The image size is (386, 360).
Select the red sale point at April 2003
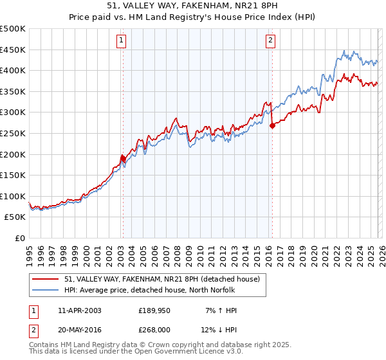(x=123, y=157)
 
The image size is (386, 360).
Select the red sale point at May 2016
(x=272, y=125)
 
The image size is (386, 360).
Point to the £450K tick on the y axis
(x=13, y=50)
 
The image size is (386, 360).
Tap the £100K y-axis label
(x=13, y=196)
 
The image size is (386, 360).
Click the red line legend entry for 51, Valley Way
(x=161, y=279)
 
